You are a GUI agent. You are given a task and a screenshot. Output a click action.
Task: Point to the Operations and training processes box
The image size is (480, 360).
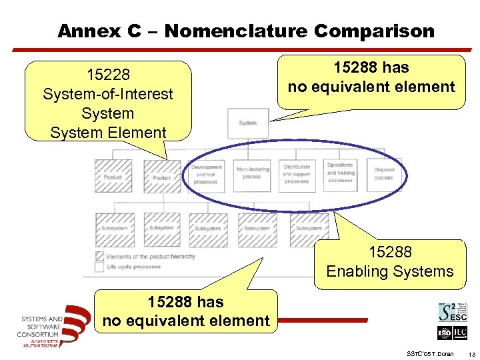click(340, 173)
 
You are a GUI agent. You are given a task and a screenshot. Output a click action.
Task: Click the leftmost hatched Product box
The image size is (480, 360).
click(113, 176)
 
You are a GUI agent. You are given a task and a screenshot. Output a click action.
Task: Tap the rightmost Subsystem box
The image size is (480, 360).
click(309, 229)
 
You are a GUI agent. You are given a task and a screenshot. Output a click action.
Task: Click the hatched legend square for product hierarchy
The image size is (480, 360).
click(101, 257)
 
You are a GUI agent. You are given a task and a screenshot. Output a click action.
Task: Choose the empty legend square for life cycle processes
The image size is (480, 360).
click(101, 267)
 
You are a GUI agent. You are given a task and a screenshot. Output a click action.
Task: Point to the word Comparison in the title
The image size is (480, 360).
click(374, 31)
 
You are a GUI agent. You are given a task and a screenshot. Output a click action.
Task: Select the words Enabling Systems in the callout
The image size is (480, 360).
click(390, 271)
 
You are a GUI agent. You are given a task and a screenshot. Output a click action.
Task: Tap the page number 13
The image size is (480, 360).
click(471, 353)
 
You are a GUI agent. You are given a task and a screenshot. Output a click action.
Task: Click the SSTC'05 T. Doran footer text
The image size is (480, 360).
click(429, 353)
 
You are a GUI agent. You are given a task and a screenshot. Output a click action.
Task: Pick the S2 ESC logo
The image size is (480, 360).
click(452, 313)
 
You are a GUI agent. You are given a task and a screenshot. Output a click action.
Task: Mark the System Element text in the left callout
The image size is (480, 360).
click(107, 132)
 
